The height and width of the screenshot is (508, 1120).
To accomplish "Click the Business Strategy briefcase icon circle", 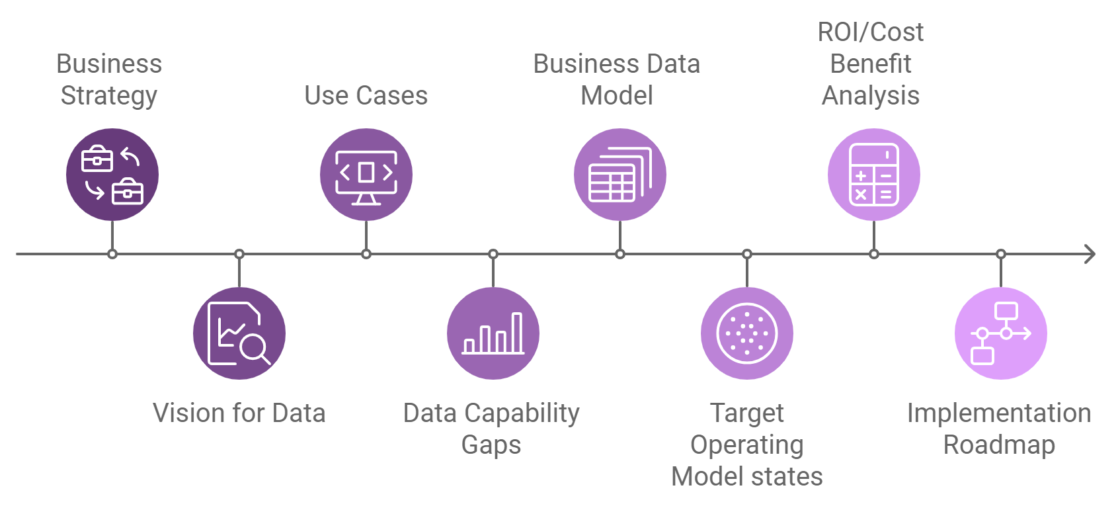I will [112, 175].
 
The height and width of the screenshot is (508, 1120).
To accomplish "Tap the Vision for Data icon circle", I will [239, 333].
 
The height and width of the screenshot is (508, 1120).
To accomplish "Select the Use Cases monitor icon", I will [366, 175].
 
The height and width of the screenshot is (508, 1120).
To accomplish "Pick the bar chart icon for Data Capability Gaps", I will [493, 333].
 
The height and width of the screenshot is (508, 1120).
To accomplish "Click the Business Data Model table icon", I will [620, 175].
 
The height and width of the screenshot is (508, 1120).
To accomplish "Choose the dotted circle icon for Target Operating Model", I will [747, 333].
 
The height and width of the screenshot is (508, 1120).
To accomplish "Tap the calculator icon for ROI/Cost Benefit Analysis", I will [874, 175].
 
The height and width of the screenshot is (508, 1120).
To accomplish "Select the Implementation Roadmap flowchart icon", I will [1001, 333].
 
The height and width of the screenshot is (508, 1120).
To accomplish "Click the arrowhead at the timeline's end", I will [1090, 254].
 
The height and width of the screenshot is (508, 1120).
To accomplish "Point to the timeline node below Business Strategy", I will [112, 254].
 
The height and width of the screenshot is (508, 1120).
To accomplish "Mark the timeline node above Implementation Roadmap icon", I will [1001, 254].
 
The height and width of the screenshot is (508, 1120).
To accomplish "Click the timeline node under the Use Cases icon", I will [366, 254].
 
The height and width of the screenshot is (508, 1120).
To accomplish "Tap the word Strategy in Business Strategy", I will [109, 96].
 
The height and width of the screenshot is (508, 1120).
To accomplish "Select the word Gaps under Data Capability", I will [491, 445].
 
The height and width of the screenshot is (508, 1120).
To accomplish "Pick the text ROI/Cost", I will [871, 32].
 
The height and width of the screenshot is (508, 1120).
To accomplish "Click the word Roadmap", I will [999, 445].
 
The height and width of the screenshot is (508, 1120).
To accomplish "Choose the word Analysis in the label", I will [871, 96].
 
